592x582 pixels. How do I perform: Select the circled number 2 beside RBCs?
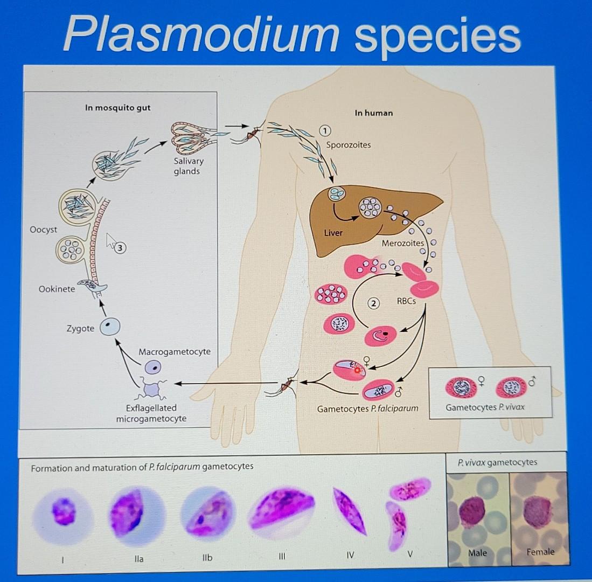(x=373, y=303)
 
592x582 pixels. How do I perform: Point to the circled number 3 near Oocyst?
(x=122, y=248)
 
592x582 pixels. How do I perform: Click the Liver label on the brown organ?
(x=333, y=233)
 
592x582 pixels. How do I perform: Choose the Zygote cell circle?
(x=111, y=326)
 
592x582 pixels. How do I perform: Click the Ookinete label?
(x=57, y=289)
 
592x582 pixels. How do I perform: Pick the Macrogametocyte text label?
(x=175, y=351)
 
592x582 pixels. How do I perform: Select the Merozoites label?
(x=402, y=243)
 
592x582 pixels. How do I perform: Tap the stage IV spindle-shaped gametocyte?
(x=349, y=511)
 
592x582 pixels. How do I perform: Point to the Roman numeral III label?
(x=282, y=556)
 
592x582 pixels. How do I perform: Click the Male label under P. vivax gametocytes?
(x=477, y=552)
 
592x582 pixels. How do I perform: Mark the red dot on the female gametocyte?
(x=356, y=370)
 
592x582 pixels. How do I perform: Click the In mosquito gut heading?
(x=117, y=108)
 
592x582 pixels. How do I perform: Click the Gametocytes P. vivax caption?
(x=485, y=407)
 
